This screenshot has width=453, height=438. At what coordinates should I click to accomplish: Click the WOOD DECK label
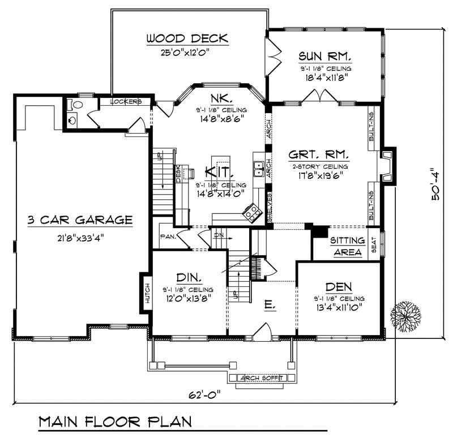pyautogui.click(x=187, y=38)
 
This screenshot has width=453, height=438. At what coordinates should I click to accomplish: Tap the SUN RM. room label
pyautogui.click(x=325, y=56)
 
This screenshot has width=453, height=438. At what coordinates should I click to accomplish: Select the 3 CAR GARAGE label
pyautogui.click(x=80, y=220)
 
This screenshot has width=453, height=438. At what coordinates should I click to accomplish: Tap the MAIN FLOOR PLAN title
pyautogui.click(x=115, y=422)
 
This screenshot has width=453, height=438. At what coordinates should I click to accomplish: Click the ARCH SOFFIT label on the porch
pyautogui.click(x=262, y=378)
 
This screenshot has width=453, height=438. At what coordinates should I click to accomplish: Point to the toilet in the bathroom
pyautogui.click(x=77, y=106)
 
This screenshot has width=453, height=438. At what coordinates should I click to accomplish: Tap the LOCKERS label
pyautogui.click(x=125, y=102)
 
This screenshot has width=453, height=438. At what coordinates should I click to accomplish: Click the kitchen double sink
pyautogui.click(x=260, y=168)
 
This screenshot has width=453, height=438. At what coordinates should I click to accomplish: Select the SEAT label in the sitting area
pyautogui.click(x=373, y=245)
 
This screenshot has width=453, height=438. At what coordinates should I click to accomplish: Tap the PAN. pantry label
pyautogui.click(x=167, y=237)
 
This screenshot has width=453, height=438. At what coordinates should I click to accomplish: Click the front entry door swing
pyautogui.click(x=262, y=332)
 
